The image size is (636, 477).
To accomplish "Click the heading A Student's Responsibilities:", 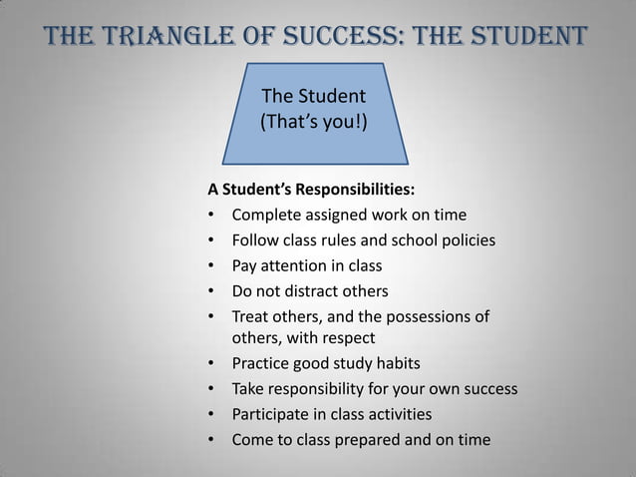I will coord(311,189).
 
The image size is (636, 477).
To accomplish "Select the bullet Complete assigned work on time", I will coord(348,215).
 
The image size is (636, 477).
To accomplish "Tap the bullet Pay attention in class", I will coord(306,266).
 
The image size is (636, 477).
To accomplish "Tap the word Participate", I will coord(272,413).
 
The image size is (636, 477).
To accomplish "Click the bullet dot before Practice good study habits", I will coord(211,363).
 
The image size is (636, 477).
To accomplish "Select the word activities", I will coord(397,413).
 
